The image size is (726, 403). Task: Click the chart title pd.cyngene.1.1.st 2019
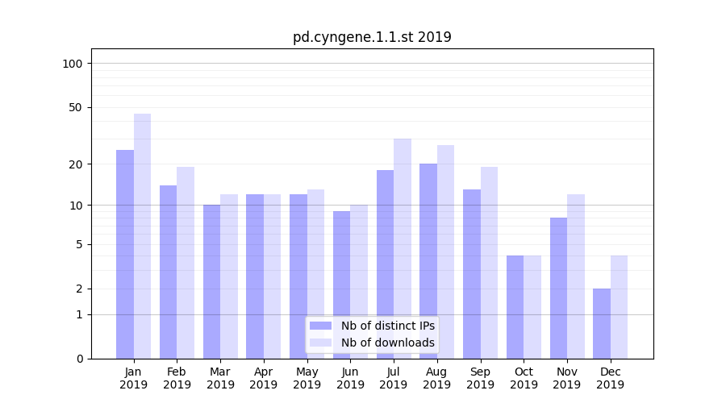point(372,37)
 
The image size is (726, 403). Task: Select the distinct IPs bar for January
point(125,254)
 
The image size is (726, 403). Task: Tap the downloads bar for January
point(142,236)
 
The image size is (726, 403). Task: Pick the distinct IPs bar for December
point(602,323)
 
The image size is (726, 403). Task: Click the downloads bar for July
point(403,248)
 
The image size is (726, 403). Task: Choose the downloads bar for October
point(532,307)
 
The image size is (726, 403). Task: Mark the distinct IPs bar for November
point(558,288)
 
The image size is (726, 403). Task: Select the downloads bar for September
point(489,263)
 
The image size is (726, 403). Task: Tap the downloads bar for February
point(186,263)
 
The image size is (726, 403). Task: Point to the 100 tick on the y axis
point(72,64)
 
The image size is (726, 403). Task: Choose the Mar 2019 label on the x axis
point(220,378)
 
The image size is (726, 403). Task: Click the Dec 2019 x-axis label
point(611,378)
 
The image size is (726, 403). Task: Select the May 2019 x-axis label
point(307,378)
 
